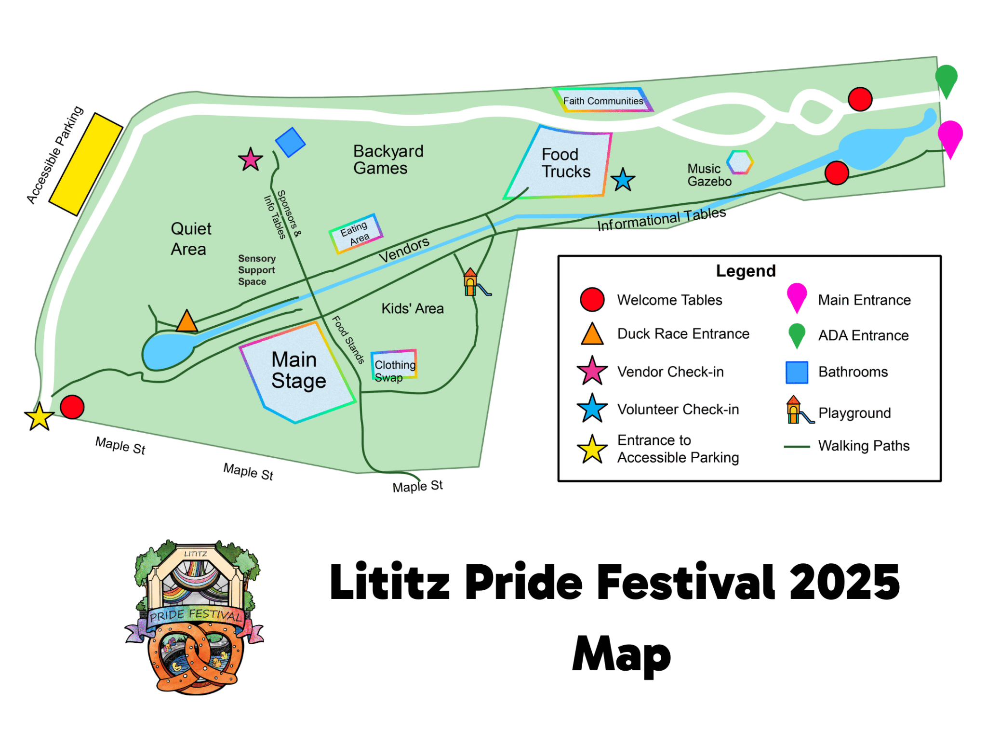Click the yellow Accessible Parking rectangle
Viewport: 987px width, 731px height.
pos(86,164)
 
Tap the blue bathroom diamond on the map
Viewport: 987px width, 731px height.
pos(290,142)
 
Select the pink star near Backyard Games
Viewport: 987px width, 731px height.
pos(251,159)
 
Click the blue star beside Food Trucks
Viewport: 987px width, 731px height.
pos(623,180)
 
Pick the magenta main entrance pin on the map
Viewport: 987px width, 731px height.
pos(950,136)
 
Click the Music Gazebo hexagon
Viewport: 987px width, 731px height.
pos(740,162)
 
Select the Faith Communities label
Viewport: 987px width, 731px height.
pos(603,101)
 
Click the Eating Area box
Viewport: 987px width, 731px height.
pos(356,233)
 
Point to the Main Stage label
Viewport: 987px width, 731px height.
pos(298,370)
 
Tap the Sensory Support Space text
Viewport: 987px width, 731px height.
pos(256,270)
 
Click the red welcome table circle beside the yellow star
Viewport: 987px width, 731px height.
pos(72,407)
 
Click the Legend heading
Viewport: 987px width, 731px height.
pos(746,271)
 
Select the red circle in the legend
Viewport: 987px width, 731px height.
pos(592,300)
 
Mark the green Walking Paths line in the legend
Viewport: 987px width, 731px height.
pos(797,447)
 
